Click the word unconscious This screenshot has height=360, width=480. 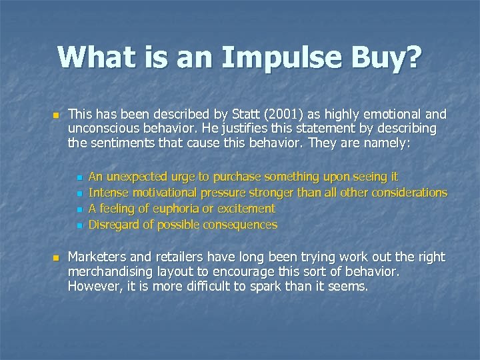[104, 128]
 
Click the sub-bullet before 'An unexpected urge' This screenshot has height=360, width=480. [79, 178]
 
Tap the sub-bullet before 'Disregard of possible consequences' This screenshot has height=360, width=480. [79, 226]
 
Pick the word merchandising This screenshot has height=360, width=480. [111, 272]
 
